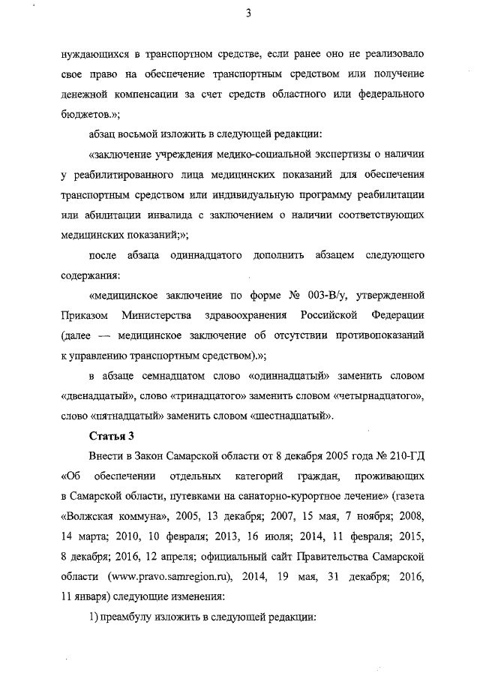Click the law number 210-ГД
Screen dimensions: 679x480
[x=406, y=455]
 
